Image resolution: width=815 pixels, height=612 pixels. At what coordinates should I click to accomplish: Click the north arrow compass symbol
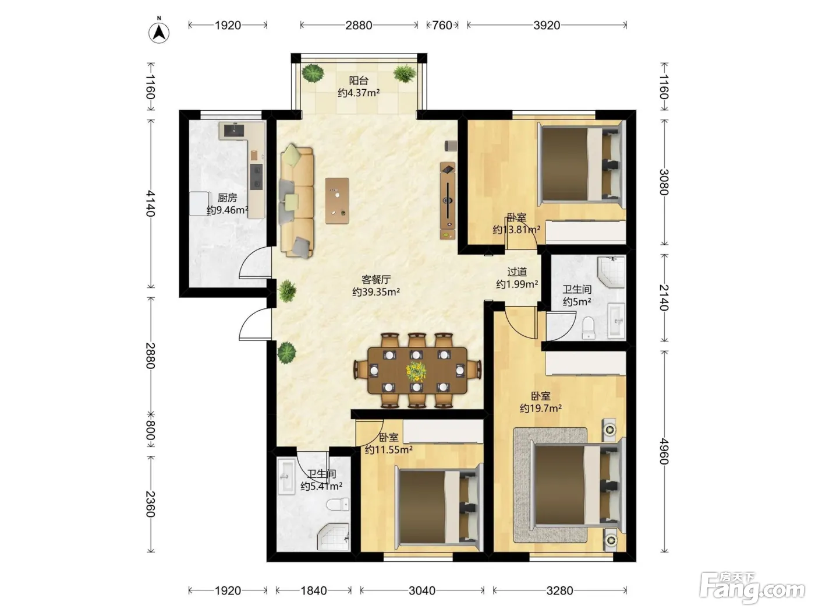coord(159,33)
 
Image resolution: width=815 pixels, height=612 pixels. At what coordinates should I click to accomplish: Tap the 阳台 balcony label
coord(359,80)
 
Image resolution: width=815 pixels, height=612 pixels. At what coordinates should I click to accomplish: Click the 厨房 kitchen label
coord(227,198)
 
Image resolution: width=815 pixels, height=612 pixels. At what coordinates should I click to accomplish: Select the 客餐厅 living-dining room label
coord(376,279)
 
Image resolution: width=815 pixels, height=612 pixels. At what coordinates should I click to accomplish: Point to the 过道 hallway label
coord(517,272)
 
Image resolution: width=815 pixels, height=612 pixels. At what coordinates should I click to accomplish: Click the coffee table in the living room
coord(337,201)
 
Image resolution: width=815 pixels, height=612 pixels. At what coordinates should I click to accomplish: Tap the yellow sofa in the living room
coord(297,201)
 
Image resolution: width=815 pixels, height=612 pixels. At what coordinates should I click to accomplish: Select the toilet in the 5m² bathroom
coord(589,328)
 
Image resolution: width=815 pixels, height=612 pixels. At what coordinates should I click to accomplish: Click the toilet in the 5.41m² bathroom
coord(338,505)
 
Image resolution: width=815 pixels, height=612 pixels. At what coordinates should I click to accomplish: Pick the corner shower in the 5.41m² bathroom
coord(334,537)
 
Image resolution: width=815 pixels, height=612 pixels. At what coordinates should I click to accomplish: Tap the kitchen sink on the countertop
coord(234,130)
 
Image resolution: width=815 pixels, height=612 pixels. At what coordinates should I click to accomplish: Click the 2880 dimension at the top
coord(359,25)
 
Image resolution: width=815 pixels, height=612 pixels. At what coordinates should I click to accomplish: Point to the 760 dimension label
coord(442,25)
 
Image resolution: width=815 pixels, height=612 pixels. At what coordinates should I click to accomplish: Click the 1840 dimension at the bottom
coord(314,590)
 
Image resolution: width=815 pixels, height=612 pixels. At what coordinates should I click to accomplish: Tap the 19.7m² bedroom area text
coord(541,409)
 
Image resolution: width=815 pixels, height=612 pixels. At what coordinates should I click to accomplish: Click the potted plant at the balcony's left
coord(313,73)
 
